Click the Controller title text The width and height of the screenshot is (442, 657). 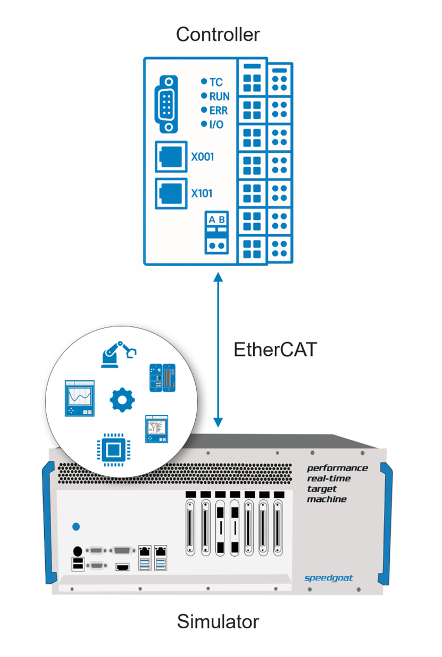(218, 35)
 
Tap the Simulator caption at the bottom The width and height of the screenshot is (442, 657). (218, 621)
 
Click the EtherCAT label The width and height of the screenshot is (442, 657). (275, 349)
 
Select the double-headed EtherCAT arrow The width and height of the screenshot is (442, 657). (218, 351)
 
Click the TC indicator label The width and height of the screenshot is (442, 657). (216, 82)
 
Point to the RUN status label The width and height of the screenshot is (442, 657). (219, 96)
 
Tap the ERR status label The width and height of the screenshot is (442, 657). (219, 110)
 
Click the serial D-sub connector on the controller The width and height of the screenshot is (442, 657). (167, 104)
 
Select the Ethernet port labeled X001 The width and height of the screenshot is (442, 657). (171, 157)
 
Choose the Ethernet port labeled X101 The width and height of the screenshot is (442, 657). (171, 193)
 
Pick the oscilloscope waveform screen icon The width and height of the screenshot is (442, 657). (80, 398)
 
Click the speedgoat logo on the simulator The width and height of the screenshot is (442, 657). (328, 578)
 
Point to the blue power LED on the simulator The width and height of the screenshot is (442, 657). (76, 526)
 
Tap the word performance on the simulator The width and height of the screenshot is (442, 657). (337, 468)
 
